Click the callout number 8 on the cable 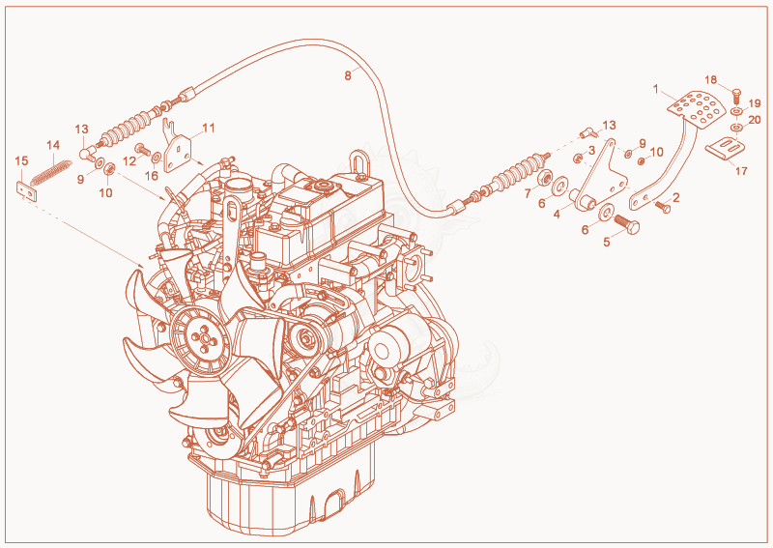pos(348,76)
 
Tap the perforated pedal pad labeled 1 pos(697,107)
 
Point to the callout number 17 pos(741,171)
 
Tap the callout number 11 pos(209,128)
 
